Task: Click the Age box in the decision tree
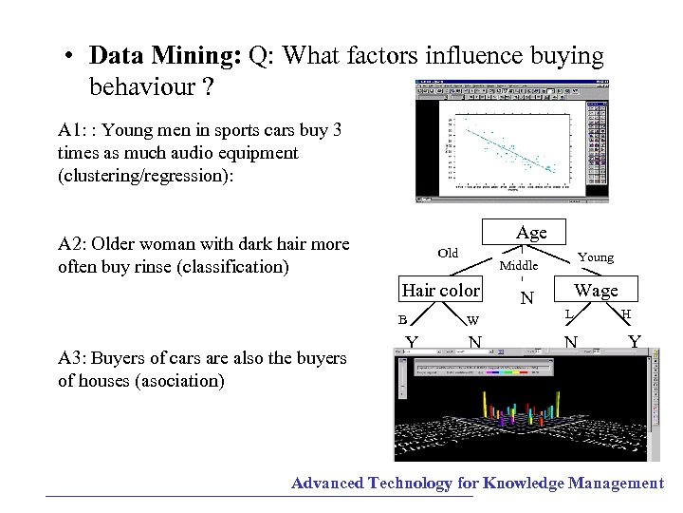(x=531, y=233)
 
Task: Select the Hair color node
(x=441, y=290)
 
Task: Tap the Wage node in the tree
(x=596, y=291)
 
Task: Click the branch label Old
(x=449, y=253)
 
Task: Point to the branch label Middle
(x=519, y=266)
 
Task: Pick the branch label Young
(x=596, y=257)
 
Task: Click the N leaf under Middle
(x=527, y=298)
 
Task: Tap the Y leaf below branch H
(x=634, y=341)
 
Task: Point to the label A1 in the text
(x=72, y=130)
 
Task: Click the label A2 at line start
(x=72, y=244)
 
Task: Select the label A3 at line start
(x=72, y=358)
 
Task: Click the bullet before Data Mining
(x=71, y=57)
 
